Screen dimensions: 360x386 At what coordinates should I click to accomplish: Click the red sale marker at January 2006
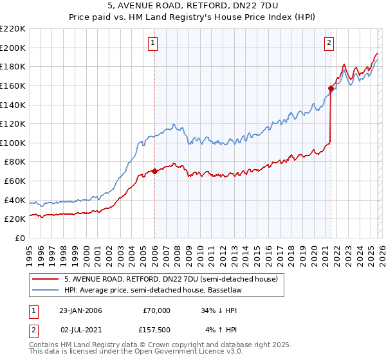pyautogui.click(x=154, y=171)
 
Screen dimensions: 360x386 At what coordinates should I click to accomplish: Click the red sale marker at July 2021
pyautogui.click(x=331, y=88)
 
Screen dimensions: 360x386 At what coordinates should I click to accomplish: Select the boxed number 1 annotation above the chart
pyautogui.click(x=154, y=43)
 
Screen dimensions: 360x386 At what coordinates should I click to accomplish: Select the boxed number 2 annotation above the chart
pyautogui.click(x=329, y=43)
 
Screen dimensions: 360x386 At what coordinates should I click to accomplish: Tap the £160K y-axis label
pyautogui.click(x=13, y=85)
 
